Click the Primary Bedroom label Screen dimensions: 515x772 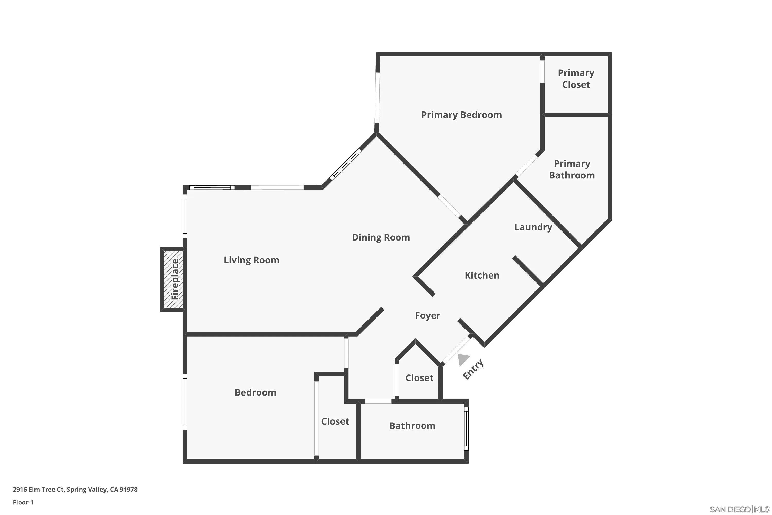pyautogui.click(x=461, y=115)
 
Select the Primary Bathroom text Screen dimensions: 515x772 pyautogui.click(x=572, y=169)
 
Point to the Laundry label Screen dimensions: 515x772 pyautogui.click(x=533, y=227)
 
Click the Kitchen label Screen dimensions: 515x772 pyautogui.click(x=482, y=275)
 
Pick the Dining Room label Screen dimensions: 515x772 pyautogui.click(x=381, y=237)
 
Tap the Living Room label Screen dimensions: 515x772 pyautogui.click(x=251, y=260)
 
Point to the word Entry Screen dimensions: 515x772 pyautogui.click(x=473, y=370)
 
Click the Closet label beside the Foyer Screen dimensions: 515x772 pyautogui.click(x=419, y=378)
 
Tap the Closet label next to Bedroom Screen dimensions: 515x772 pyautogui.click(x=335, y=421)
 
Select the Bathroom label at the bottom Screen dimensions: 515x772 pyautogui.click(x=412, y=426)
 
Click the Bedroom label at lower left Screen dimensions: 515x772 pyautogui.click(x=255, y=392)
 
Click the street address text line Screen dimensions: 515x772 pyautogui.click(x=75, y=490)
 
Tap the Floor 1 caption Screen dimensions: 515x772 pyautogui.click(x=23, y=502)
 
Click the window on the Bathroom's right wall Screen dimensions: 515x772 pyautogui.click(x=466, y=429)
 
